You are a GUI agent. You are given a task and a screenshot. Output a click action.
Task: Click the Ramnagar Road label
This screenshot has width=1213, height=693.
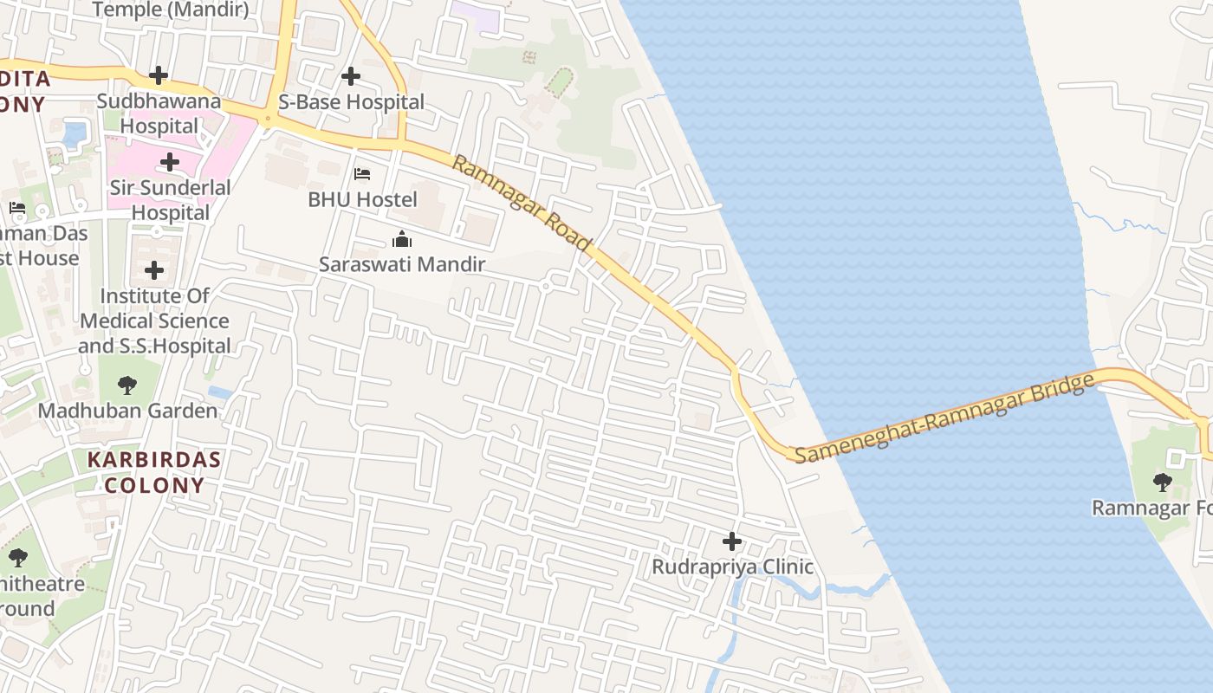[x=521, y=204]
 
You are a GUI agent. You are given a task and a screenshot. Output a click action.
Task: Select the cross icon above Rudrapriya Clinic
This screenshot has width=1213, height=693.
[x=732, y=542]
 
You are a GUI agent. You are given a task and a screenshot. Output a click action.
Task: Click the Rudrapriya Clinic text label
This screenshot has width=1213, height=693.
[x=732, y=567]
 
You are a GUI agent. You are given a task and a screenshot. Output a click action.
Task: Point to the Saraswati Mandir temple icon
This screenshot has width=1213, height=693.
[x=402, y=239]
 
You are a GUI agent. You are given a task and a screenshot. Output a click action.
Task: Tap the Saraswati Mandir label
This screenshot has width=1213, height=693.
[x=402, y=264]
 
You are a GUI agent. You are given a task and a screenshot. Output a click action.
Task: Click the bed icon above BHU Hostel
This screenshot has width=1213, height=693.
[x=362, y=174]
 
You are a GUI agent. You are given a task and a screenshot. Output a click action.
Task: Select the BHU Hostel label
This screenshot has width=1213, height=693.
[x=362, y=199]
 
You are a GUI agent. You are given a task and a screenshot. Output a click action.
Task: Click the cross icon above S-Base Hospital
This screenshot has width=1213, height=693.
[x=351, y=76]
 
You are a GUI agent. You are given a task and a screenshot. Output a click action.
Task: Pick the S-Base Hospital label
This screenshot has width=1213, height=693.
[x=351, y=102]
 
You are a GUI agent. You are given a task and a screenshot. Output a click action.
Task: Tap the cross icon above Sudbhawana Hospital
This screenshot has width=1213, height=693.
[x=159, y=75]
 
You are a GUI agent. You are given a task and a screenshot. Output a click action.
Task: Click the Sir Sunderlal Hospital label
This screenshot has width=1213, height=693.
[x=170, y=200]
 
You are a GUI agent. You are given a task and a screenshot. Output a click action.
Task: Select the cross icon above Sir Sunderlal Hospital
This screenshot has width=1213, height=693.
[x=170, y=162]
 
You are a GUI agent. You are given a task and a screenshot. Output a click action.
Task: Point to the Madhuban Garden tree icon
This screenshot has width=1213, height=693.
[x=127, y=385]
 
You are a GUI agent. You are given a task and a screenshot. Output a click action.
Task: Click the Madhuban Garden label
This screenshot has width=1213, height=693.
[x=127, y=411]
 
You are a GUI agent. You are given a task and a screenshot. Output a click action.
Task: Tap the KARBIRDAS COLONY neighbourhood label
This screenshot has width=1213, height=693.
[x=153, y=472]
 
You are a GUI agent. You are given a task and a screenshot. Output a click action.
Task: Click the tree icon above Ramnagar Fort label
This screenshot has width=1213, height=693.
[x=1163, y=482]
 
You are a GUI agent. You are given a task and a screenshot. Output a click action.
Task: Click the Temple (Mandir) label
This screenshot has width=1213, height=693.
[x=170, y=10]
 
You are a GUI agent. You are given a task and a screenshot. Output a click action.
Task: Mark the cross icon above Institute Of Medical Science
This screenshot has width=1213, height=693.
[x=154, y=271]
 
